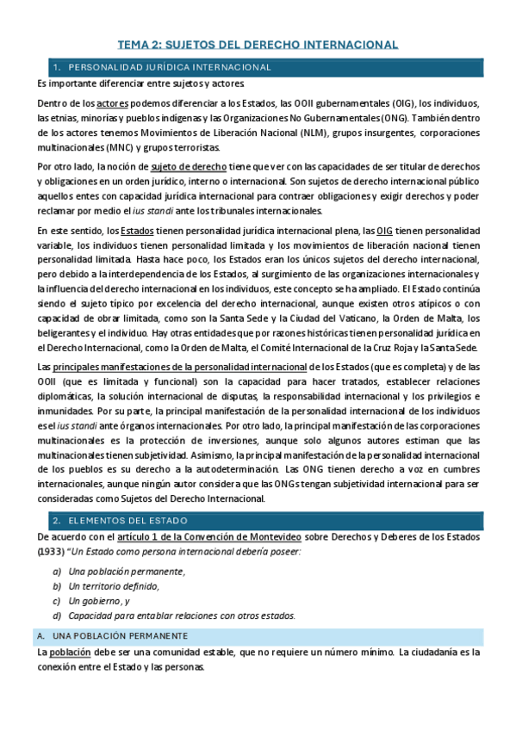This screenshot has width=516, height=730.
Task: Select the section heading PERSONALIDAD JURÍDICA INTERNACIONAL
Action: tap(169, 67)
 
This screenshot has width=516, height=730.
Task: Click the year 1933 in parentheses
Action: tap(51, 553)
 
